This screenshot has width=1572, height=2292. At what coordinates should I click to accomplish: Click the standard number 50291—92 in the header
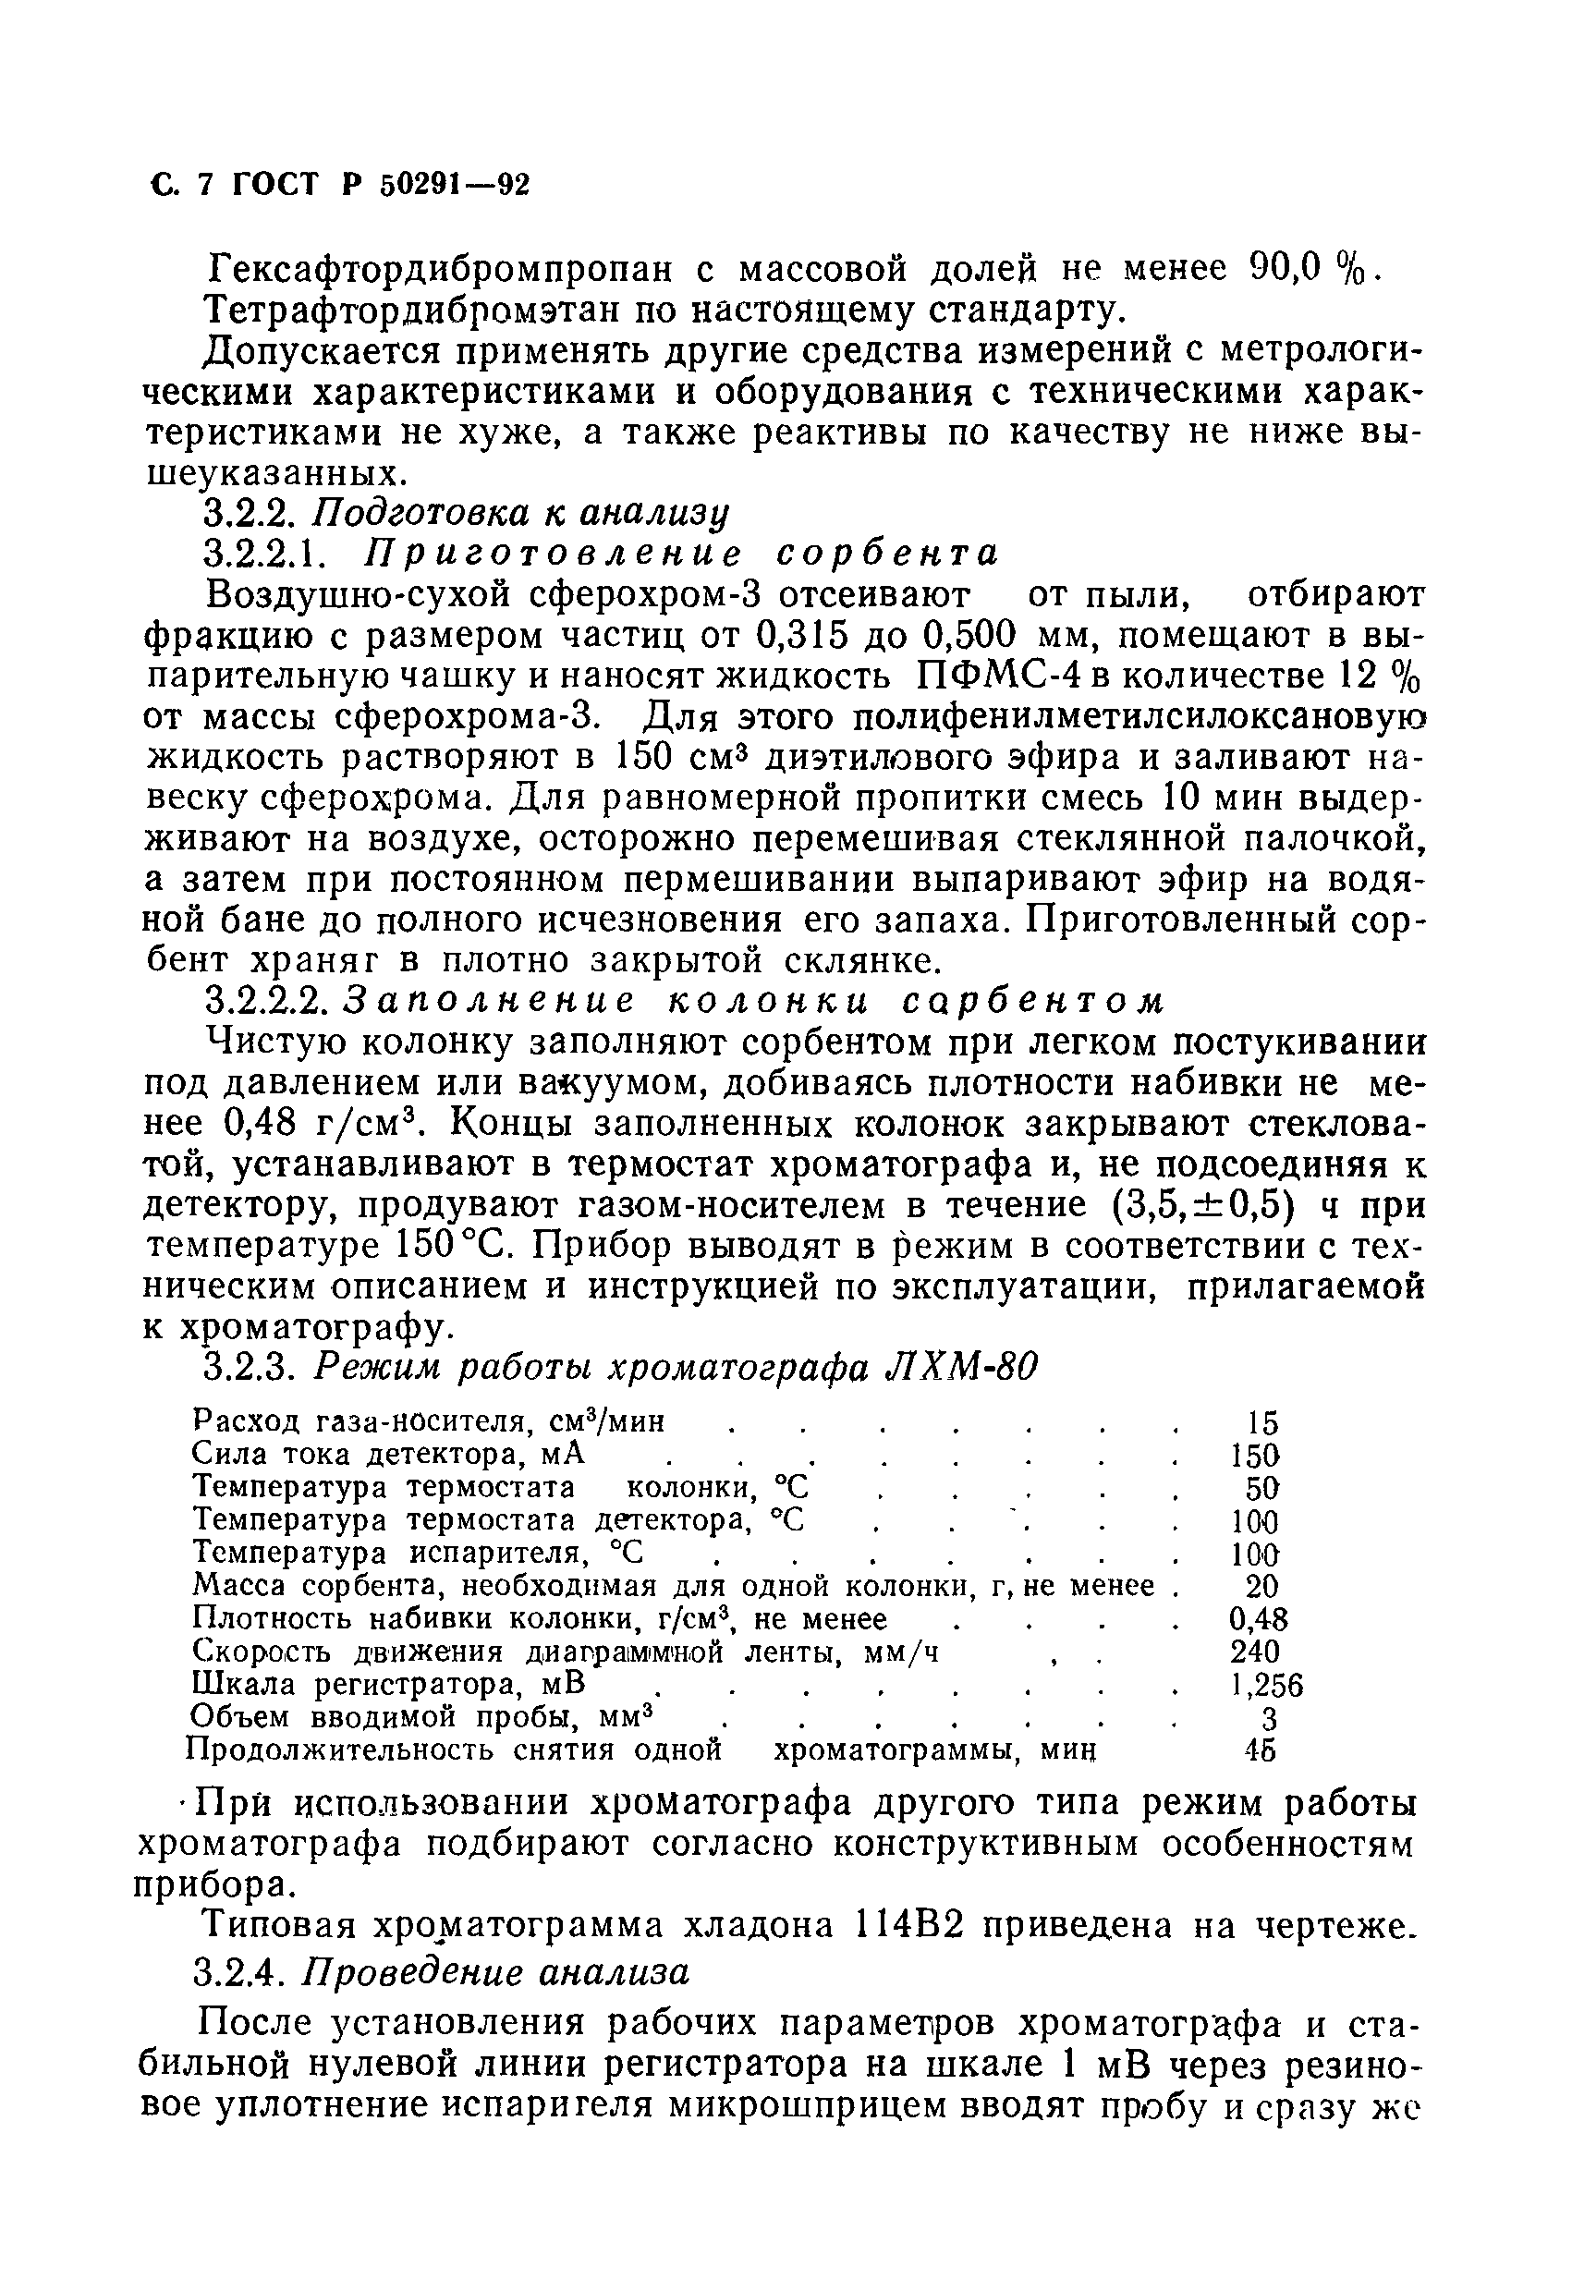coord(454,185)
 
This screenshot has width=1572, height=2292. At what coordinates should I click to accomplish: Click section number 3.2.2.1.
coord(259,553)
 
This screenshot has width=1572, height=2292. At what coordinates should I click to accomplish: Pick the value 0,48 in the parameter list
coord(1259,1618)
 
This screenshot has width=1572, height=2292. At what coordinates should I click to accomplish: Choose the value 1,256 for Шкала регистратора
coord(1266,1685)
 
